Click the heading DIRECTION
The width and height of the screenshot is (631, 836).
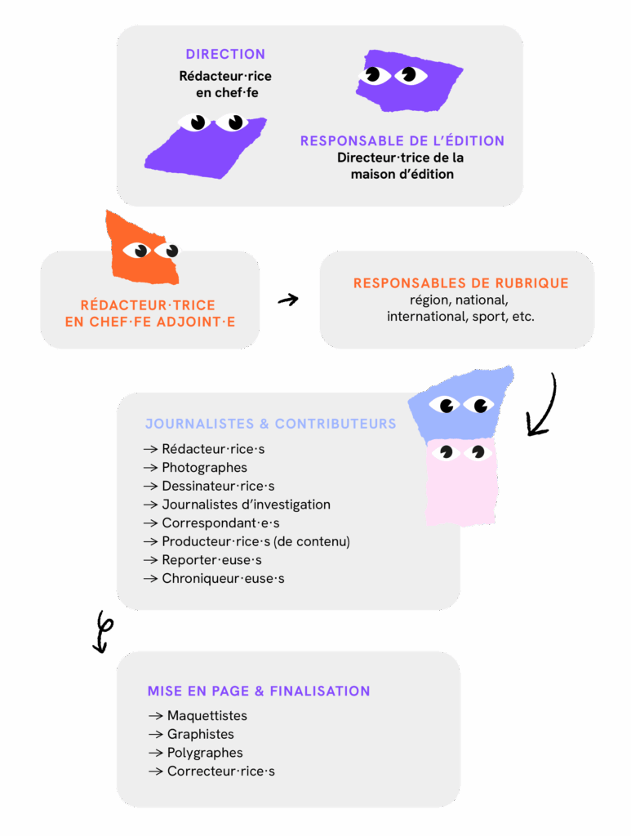(225, 55)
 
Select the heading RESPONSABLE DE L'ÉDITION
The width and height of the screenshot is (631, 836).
(402, 141)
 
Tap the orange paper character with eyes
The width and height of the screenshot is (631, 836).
(144, 249)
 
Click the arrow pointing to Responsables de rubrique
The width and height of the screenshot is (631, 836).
(288, 300)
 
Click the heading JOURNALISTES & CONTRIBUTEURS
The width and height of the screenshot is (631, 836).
(270, 425)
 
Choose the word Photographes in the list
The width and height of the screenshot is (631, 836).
(204, 468)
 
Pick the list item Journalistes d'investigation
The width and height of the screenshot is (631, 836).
(246, 505)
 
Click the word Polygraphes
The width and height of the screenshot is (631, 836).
(205, 753)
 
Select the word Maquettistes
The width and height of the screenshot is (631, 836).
(207, 716)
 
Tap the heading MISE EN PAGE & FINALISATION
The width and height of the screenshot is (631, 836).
(259, 691)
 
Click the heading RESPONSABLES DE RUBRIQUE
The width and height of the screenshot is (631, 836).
(460, 284)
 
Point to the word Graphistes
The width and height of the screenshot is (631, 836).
(201, 734)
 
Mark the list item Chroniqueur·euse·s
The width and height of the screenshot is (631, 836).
(223, 579)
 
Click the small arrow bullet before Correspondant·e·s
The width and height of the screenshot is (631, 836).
(150, 523)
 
